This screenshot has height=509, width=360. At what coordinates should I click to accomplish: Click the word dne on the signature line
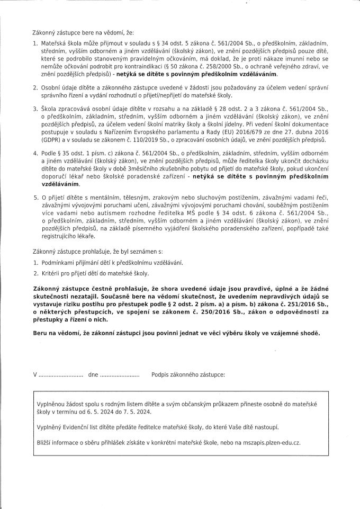coord(94,374)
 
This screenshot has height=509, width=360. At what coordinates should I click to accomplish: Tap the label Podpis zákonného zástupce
coord(188,374)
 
